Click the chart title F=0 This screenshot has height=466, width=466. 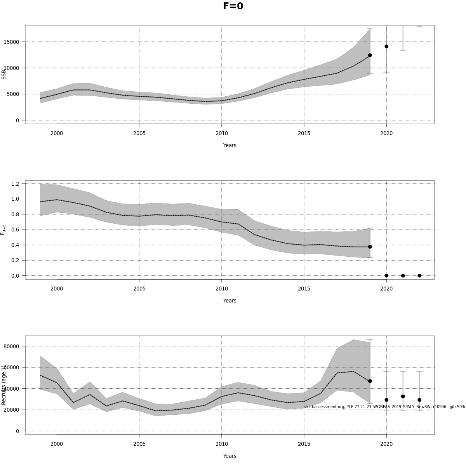233,6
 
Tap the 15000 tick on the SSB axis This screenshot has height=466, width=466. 14,42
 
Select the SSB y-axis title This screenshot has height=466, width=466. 4,74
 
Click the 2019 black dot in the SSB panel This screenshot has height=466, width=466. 370,55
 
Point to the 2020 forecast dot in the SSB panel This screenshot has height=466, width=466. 386,46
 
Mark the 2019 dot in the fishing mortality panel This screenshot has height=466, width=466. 370,247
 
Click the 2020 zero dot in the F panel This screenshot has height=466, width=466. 386,276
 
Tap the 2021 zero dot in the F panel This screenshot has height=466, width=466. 403,276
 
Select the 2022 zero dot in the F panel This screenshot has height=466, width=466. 419,276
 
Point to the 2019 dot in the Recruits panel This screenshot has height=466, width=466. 370,381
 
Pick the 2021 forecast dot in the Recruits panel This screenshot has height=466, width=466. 403,396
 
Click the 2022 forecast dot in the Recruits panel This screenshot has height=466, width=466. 419,400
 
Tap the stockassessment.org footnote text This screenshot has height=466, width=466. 384,407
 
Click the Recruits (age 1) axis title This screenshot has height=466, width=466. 4,385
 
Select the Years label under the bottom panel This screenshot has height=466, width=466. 230,456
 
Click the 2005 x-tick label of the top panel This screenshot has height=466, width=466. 139,133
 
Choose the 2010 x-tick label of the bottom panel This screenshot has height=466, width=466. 222,444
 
